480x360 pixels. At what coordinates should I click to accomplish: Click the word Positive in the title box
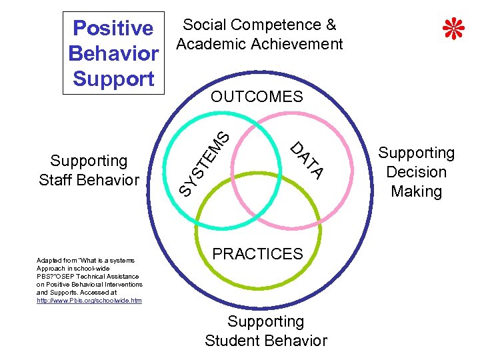point(113,28)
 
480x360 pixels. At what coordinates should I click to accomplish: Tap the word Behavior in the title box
point(113,53)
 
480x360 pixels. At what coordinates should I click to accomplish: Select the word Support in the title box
point(113,78)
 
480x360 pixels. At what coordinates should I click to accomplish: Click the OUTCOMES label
point(257,97)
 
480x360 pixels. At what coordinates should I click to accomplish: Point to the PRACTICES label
point(257,254)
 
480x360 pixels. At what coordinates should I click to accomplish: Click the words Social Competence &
point(259,25)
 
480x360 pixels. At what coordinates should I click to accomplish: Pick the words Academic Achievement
point(259,45)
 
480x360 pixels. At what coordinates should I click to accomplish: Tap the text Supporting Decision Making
point(417,172)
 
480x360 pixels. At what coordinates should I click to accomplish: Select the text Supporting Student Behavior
point(266,331)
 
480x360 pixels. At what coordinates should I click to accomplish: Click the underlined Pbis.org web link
point(89,301)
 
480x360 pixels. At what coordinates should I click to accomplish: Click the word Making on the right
point(417,192)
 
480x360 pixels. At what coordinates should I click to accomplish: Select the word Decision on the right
point(417,172)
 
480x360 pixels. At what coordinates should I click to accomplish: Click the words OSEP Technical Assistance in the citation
point(100,276)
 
